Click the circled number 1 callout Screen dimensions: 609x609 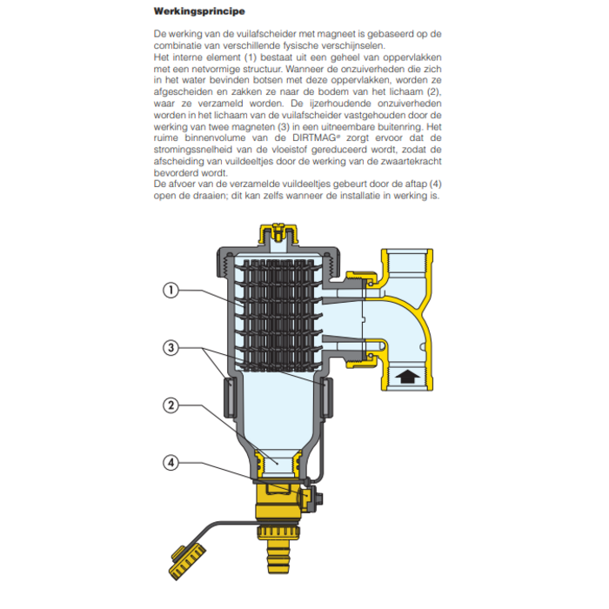(171, 291)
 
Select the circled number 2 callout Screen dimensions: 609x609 (171, 405)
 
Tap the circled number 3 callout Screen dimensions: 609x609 (171, 348)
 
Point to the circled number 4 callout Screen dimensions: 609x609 (171, 463)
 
